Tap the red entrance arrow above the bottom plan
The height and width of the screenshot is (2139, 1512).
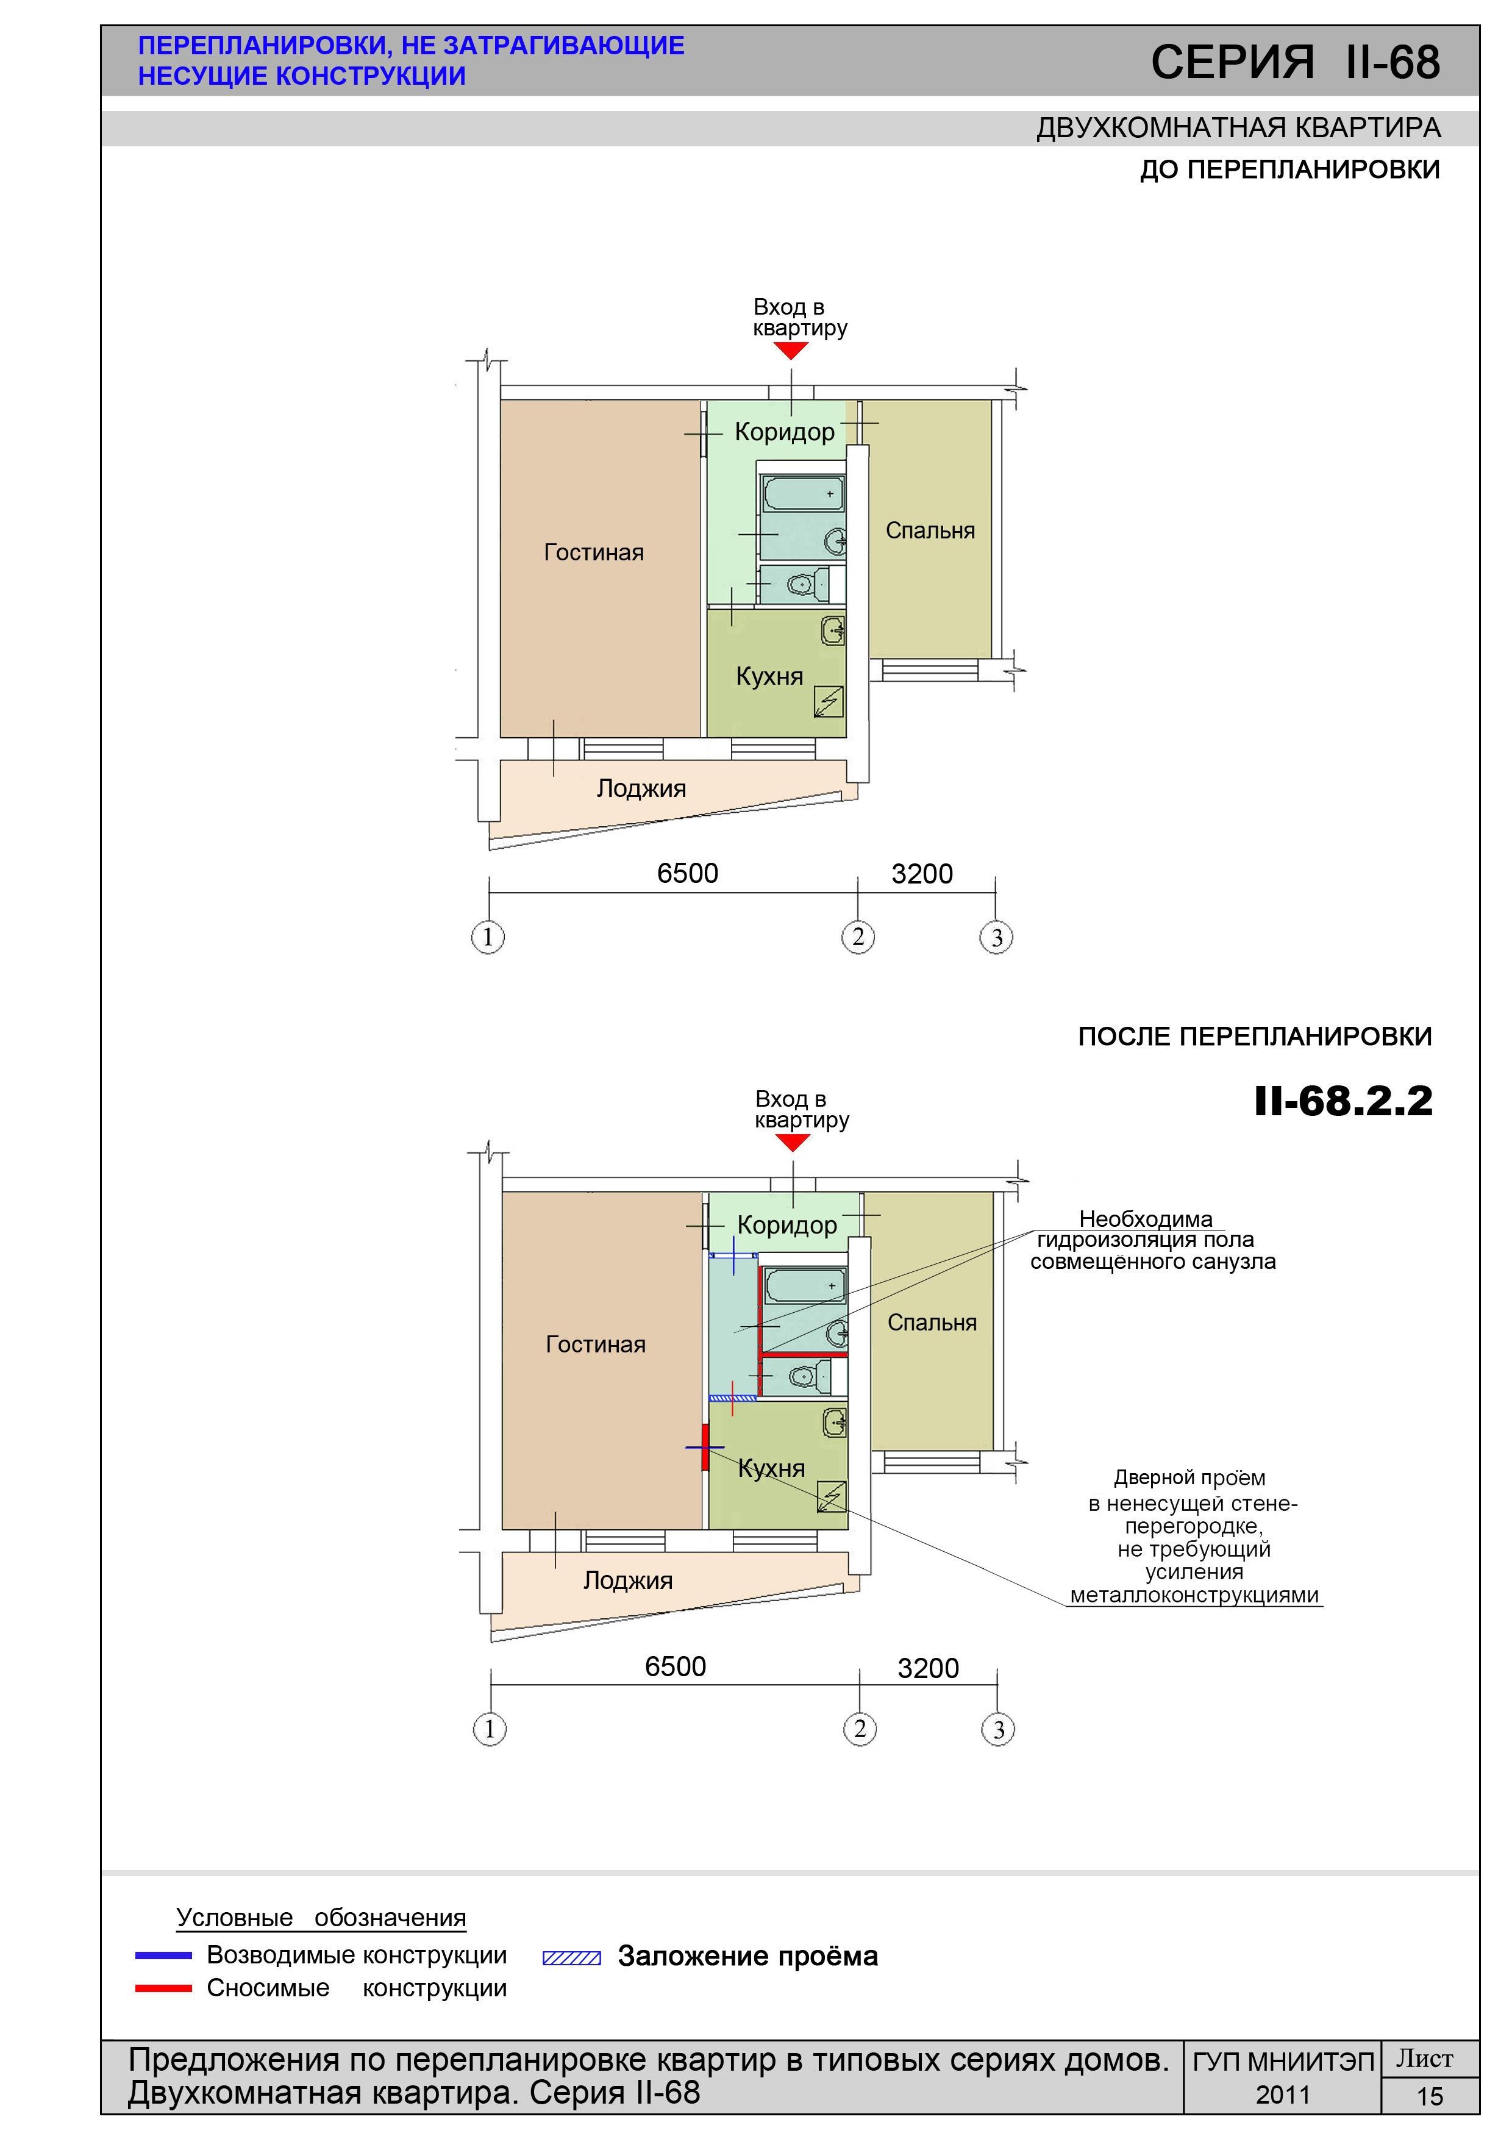pyautogui.click(x=793, y=1142)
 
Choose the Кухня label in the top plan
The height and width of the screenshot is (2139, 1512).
pyautogui.click(x=769, y=676)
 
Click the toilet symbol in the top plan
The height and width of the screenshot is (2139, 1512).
pyautogui.click(x=807, y=584)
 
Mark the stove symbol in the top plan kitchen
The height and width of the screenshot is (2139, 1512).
pyautogui.click(x=829, y=701)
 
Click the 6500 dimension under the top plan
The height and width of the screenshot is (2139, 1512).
pyautogui.click(x=688, y=873)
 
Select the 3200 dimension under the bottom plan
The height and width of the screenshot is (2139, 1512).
pyautogui.click(x=928, y=1668)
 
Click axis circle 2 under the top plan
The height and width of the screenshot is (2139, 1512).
pyautogui.click(x=858, y=937)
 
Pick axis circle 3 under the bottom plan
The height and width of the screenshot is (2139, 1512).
pyautogui.click(x=998, y=1730)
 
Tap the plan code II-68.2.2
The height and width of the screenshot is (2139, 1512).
pyautogui.click(x=1343, y=1101)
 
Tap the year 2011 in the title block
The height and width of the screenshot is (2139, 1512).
pyautogui.click(x=1283, y=2095)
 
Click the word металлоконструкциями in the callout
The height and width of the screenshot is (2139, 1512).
pyautogui.click(x=1194, y=1595)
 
